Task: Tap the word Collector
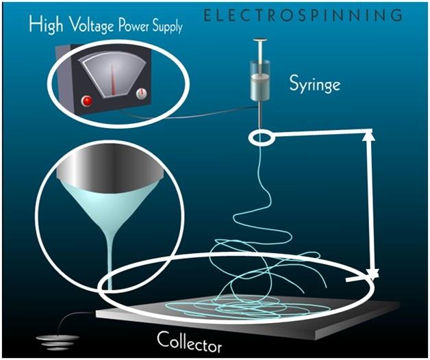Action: [190, 339]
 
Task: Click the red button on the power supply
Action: [87, 101]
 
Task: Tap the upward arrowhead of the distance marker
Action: [370, 136]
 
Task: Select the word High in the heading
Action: [45, 28]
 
